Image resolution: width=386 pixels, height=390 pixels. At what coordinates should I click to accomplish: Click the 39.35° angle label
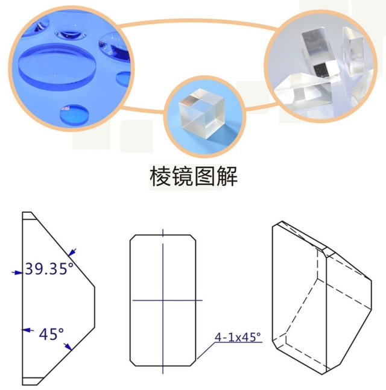pos(49,269)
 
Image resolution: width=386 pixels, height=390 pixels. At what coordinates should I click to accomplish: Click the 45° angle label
pos(51,333)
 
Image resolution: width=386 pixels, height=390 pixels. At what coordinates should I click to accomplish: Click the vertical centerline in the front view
pos(163,271)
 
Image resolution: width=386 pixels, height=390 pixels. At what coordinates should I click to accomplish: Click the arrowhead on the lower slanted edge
pos(71,346)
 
